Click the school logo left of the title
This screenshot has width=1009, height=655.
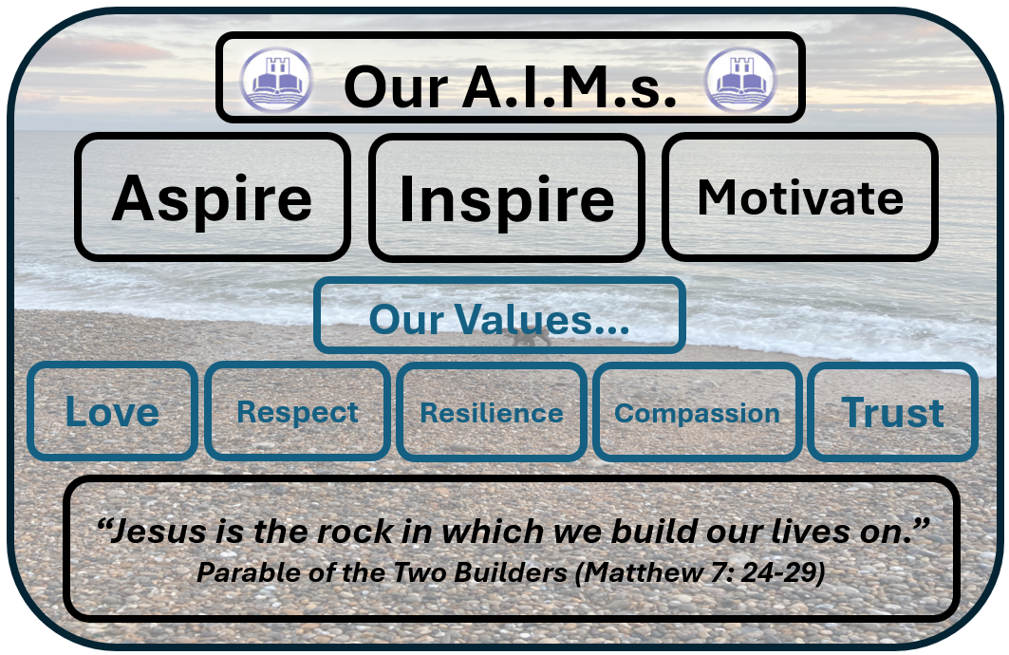(276, 79)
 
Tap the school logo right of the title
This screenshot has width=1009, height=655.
(740, 79)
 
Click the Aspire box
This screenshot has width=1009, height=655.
(213, 196)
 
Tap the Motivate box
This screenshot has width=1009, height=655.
(800, 196)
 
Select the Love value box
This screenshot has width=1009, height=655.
(113, 411)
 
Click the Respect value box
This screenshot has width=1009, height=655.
(297, 411)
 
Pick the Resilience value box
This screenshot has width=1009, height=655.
(492, 412)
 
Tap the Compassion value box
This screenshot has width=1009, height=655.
(697, 412)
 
